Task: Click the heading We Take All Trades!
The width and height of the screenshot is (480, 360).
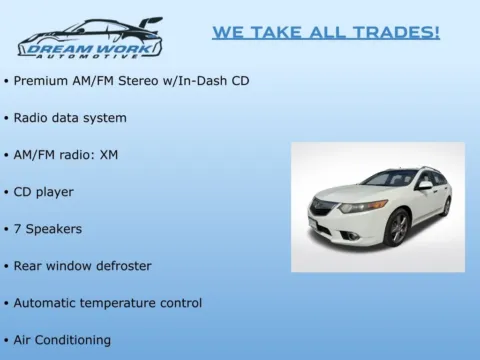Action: (326, 32)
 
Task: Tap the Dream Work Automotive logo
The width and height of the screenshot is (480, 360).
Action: (90, 39)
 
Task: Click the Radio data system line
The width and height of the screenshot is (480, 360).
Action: (70, 118)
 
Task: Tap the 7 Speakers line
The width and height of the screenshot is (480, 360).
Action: (47, 229)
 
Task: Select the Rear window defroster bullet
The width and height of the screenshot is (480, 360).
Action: (82, 266)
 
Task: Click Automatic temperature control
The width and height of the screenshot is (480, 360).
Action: (107, 303)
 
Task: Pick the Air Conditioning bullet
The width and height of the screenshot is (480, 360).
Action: (62, 340)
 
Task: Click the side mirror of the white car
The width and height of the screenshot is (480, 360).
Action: (425, 185)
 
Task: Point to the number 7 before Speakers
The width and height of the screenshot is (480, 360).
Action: (18, 229)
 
